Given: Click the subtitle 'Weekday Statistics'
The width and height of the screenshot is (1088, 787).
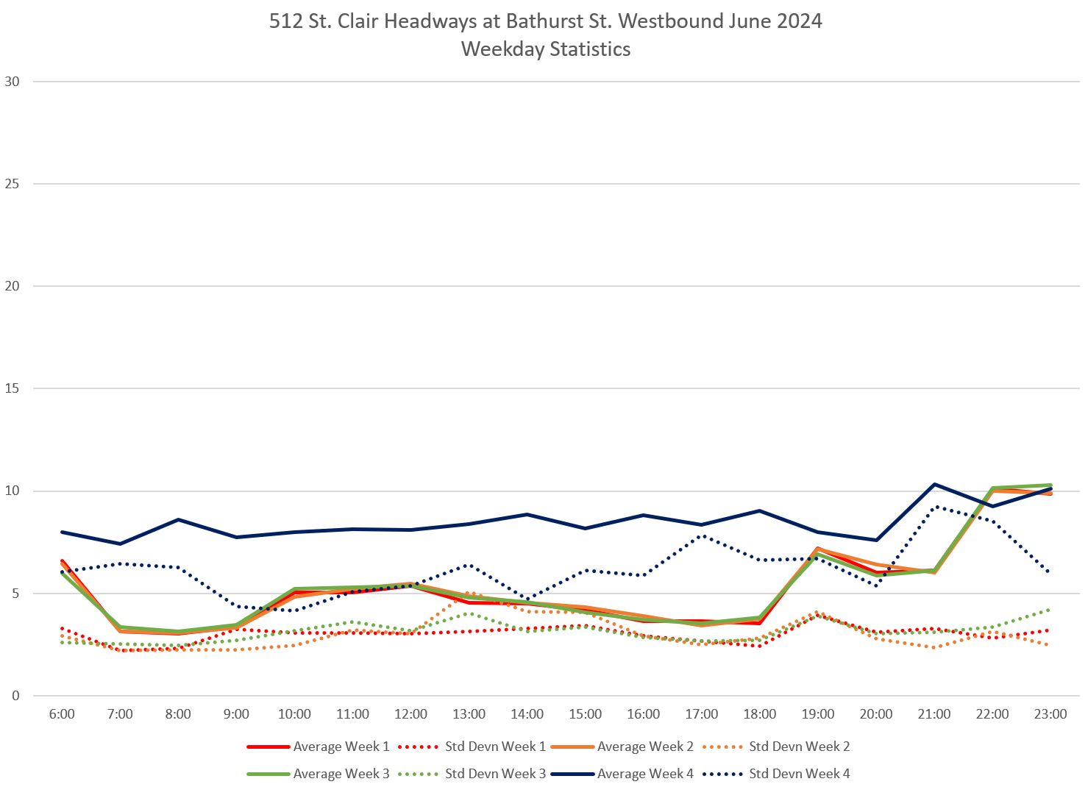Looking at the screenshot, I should click(545, 49).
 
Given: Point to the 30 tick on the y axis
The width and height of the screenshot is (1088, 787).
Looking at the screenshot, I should click(13, 82).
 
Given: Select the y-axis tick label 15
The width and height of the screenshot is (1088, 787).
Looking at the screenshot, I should click(13, 388).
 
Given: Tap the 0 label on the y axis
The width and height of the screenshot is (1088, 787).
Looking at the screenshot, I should click(15, 696).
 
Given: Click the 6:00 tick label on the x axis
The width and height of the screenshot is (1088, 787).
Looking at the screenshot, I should click(62, 714).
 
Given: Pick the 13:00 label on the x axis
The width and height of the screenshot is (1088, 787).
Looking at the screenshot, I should click(469, 714).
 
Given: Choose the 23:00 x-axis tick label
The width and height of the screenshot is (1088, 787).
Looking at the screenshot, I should click(1050, 714).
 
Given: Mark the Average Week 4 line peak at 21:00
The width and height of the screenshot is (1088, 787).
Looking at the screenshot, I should click(934, 484).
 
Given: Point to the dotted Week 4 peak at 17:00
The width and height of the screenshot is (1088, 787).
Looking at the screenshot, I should click(702, 535).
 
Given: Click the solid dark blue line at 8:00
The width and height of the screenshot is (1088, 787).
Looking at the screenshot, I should click(178, 519).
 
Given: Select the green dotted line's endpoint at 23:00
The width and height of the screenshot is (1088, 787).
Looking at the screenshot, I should click(1050, 609).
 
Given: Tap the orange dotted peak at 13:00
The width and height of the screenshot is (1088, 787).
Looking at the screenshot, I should click(469, 593).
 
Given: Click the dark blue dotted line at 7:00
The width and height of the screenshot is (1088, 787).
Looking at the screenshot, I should click(120, 563).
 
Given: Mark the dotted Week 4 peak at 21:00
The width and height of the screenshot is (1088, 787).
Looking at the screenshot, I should click(934, 507).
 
